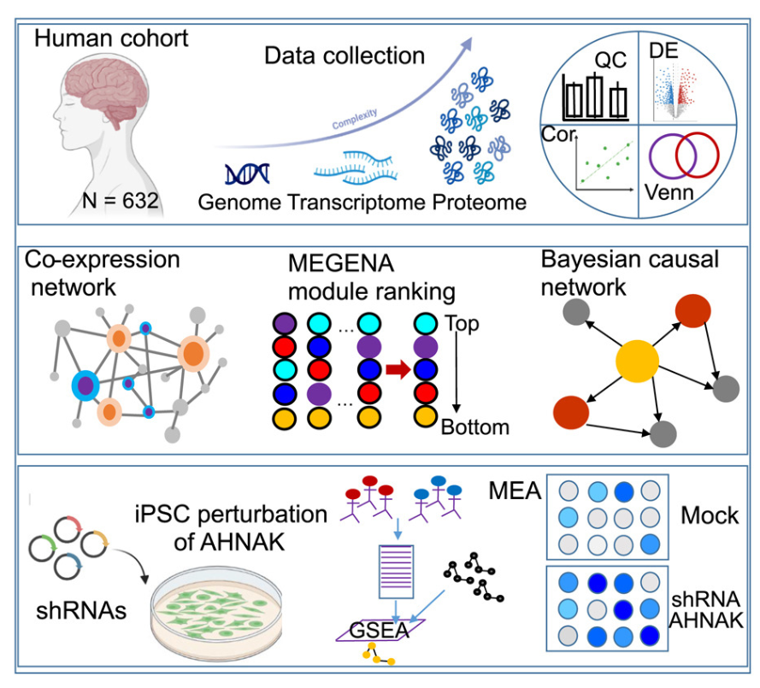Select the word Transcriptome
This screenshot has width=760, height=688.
pos(357,203)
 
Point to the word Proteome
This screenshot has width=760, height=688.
pos(479,203)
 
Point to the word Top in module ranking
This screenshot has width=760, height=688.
pos(462,325)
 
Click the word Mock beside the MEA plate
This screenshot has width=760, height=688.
pos(710,515)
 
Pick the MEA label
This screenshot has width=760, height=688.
pos(515,491)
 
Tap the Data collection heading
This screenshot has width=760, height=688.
pos(345,56)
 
